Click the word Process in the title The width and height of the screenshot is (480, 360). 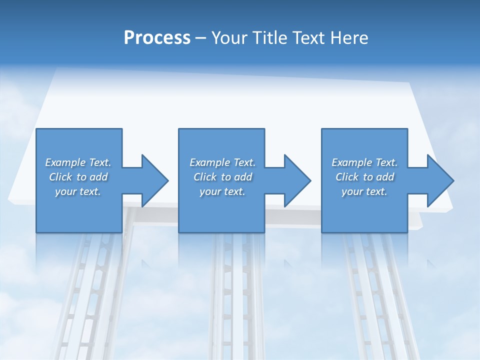[x=157, y=38]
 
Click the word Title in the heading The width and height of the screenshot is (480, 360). [x=269, y=38]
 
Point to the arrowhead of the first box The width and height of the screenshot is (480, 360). [x=155, y=180]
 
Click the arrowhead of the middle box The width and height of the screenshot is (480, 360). [x=297, y=180]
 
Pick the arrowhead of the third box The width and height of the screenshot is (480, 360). [x=440, y=180]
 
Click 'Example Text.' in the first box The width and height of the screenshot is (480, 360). [x=78, y=162]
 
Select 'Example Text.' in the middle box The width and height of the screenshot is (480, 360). [x=222, y=162]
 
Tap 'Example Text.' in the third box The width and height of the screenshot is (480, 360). [x=364, y=162]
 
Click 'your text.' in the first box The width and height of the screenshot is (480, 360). [x=78, y=191]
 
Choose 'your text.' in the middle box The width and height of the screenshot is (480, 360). [x=222, y=191]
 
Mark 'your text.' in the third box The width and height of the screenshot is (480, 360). [x=364, y=191]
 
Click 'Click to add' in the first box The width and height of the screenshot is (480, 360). [x=78, y=177]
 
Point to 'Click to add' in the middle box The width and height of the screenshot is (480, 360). [x=222, y=177]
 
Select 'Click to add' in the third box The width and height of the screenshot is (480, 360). [x=364, y=177]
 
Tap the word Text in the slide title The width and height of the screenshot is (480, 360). [x=307, y=38]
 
